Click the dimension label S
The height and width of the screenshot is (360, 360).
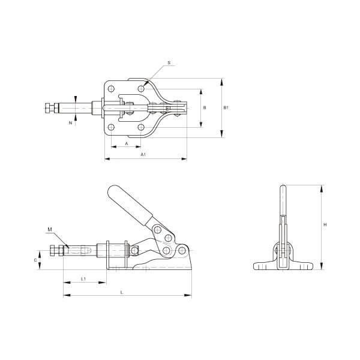169,62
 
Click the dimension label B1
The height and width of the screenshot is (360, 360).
226,107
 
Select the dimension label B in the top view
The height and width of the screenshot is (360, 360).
205,107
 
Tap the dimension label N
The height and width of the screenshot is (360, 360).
70,123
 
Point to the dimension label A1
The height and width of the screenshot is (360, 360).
143,154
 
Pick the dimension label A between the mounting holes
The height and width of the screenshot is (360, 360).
126,144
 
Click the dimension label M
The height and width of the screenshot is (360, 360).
50,229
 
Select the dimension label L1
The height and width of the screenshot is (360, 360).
83,279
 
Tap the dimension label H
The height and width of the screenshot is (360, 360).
325,225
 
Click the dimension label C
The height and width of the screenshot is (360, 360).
35,260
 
